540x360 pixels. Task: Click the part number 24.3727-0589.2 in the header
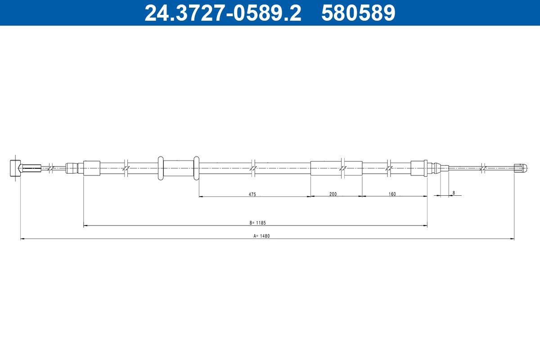click(x=223, y=13)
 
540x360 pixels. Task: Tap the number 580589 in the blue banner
click(x=358, y=13)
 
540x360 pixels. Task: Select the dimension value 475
click(x=252, y=194)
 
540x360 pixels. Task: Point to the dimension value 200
click(x=333, y=194)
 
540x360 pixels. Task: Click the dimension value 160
click(x=392, y=194)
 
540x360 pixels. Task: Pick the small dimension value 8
click(x=454, y=193)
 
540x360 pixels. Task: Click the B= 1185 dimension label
click(x=258, y=223)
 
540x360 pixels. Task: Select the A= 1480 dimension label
click(x=261, y=236)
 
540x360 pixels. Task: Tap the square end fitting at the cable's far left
click(x=15, y=168)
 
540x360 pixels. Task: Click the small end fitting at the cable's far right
click(x=520, y=167)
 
